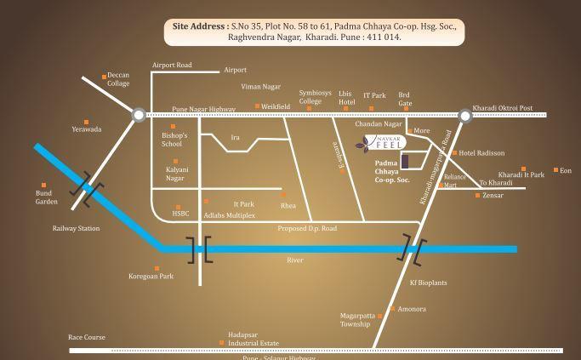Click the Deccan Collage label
[x=118, y=79]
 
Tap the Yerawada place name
[x=87, y=129]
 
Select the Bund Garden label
[x=47, y=197]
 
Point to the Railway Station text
[x=77, y=228]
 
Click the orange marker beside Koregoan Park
[x=157, y=269]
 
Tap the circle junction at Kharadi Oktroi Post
[x=465, y=113]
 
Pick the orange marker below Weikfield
[x=258, y=106]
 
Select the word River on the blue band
[x=295, y=259]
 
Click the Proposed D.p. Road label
[x=307, y=229]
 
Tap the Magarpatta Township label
[x=356, y=319]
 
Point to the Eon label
[x=566, y=171]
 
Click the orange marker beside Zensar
[x=477, y=195]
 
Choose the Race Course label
[x=87, y=337]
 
